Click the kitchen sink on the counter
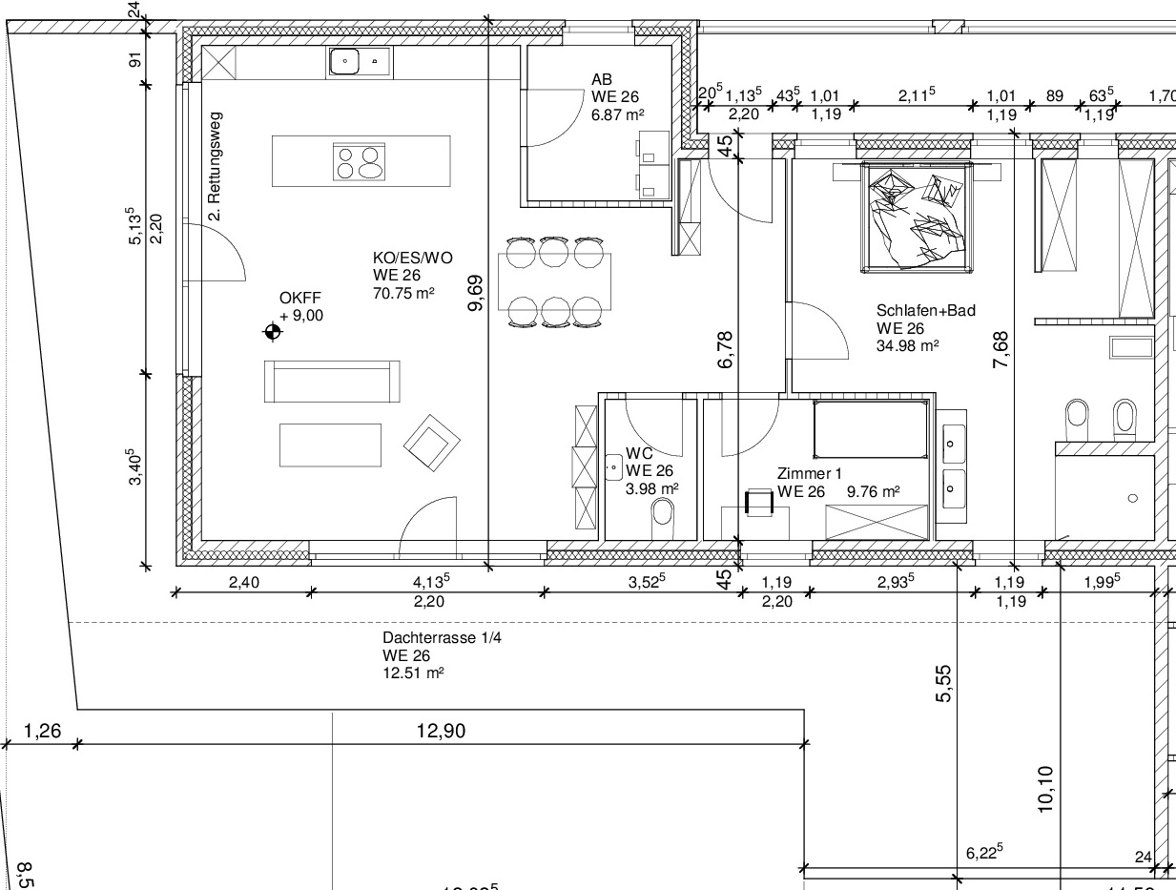pyautogui.click(x=360, y=62)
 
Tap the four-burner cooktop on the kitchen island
pyautogui.click(x=359, y=162)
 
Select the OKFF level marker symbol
pyautogui.click(x=272, y=332)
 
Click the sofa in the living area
pyautogui.click(x=332, y=382)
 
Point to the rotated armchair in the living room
pyautogui.click(x=432, y=443)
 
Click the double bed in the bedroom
pyautogui.click(x=917, y=217)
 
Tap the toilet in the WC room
pyautogui.click(x=663, y=518)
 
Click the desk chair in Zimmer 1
pyautogui.click(x=759, y=502)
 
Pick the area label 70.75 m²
pyautogui.click(x=403, y=293)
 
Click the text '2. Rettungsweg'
pyautogui.click(x=215, y=166)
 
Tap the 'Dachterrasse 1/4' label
pyautogui.click(x=442, y=637)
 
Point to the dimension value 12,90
pyautogui.click(x=441, y=731)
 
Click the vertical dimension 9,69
pyautogui.click(x=475, y=293)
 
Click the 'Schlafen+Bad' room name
pyautogui.click(x=926, y=310)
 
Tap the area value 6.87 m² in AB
pyautogui.click(x=617, y=114)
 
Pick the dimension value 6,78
pyautogui.click(x=725, y=350)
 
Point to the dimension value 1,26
pyautogui.click(x=43, y=731)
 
